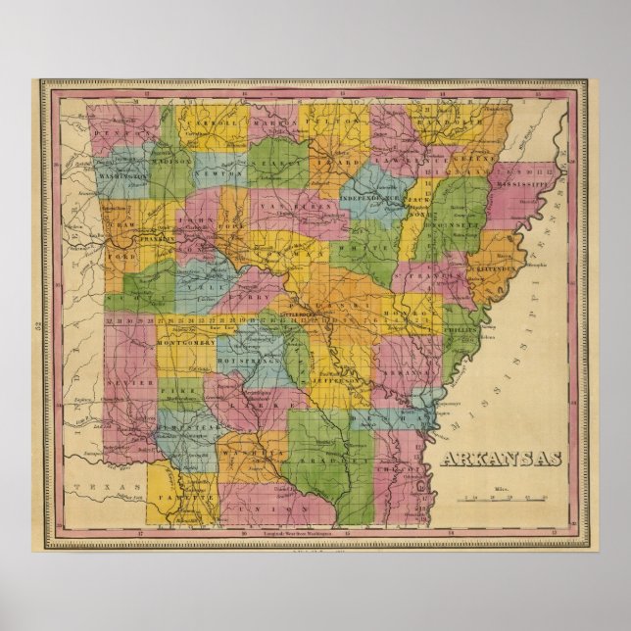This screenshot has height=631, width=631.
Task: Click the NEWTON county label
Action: (217, 172)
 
